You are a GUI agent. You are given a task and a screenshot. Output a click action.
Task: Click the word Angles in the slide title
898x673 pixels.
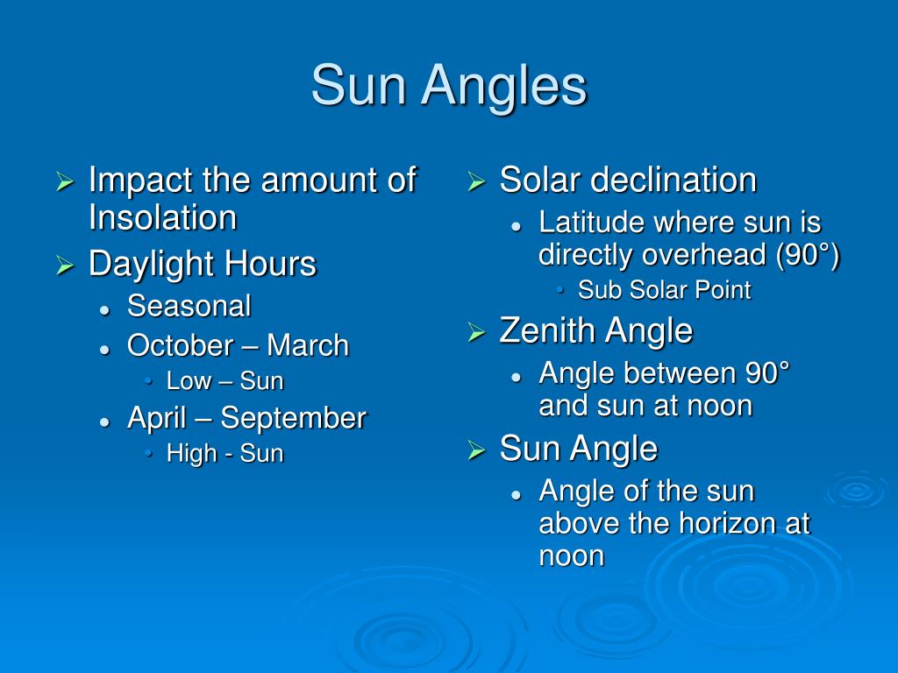coord(503,87)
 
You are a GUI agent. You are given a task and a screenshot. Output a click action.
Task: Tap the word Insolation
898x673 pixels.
coord(162,218)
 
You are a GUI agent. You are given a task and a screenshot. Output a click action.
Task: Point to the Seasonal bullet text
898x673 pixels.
coord(189,307)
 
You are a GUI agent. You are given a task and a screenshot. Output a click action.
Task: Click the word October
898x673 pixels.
coord(180,345)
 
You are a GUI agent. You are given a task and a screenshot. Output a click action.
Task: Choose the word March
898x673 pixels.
coord(308,345)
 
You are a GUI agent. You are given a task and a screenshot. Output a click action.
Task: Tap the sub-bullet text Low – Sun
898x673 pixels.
coord(224,381)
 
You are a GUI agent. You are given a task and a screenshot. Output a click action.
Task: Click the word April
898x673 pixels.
coord(156,418)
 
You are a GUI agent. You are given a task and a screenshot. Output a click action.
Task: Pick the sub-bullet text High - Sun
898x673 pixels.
coord(224,454)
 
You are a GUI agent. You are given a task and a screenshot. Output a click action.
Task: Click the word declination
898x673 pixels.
coord(673,181)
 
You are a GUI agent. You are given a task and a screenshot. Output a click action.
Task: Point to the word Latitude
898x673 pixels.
coord(592,223)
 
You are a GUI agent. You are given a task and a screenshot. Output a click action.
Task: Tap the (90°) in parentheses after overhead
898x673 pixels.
coord(808,255)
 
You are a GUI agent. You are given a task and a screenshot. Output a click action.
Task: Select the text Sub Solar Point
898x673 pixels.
coord(664,291)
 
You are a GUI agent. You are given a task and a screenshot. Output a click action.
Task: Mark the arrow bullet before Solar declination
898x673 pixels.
coord(475,182)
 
